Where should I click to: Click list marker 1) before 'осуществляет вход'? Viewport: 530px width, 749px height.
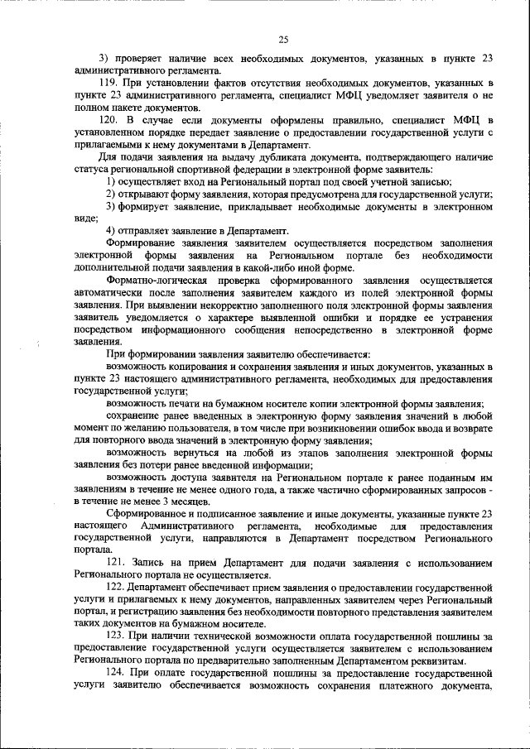pos(113,180)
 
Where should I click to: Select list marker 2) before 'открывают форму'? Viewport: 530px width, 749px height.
pos(113,193)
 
